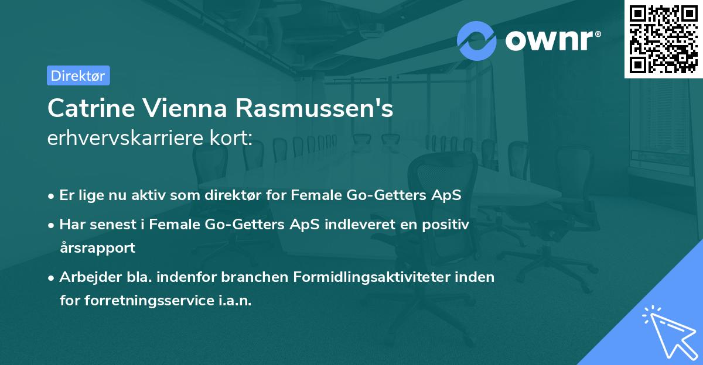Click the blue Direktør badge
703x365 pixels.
point(78,75)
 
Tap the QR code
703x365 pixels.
point(663,39)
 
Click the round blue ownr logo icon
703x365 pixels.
point(477,40)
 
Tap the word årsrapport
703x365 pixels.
point(97,248)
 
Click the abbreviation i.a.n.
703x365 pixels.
point(236,301)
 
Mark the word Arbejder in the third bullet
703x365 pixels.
point(86,277)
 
